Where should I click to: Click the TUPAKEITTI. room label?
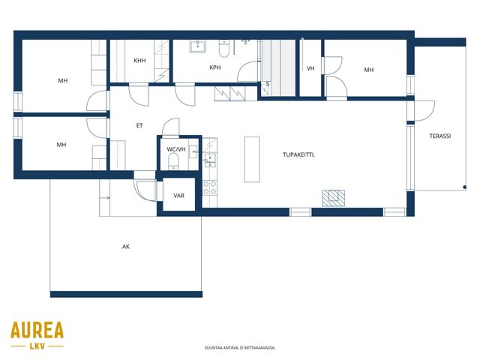298,155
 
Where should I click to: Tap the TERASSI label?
440,136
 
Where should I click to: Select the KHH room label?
139,61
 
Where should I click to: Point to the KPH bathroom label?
215,67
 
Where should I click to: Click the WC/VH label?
176,149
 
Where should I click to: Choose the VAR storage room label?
178,195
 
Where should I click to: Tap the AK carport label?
126,247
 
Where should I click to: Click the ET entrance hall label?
139,125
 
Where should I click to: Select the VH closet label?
310,68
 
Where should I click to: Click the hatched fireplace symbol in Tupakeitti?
333,198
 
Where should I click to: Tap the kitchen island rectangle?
252,160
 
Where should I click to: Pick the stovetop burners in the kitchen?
210,187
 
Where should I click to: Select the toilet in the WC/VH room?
173,162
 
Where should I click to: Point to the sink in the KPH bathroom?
198,46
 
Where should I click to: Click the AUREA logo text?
37,330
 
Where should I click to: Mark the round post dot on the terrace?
465,187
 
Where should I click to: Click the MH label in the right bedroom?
368,70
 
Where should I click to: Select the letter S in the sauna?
267,84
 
